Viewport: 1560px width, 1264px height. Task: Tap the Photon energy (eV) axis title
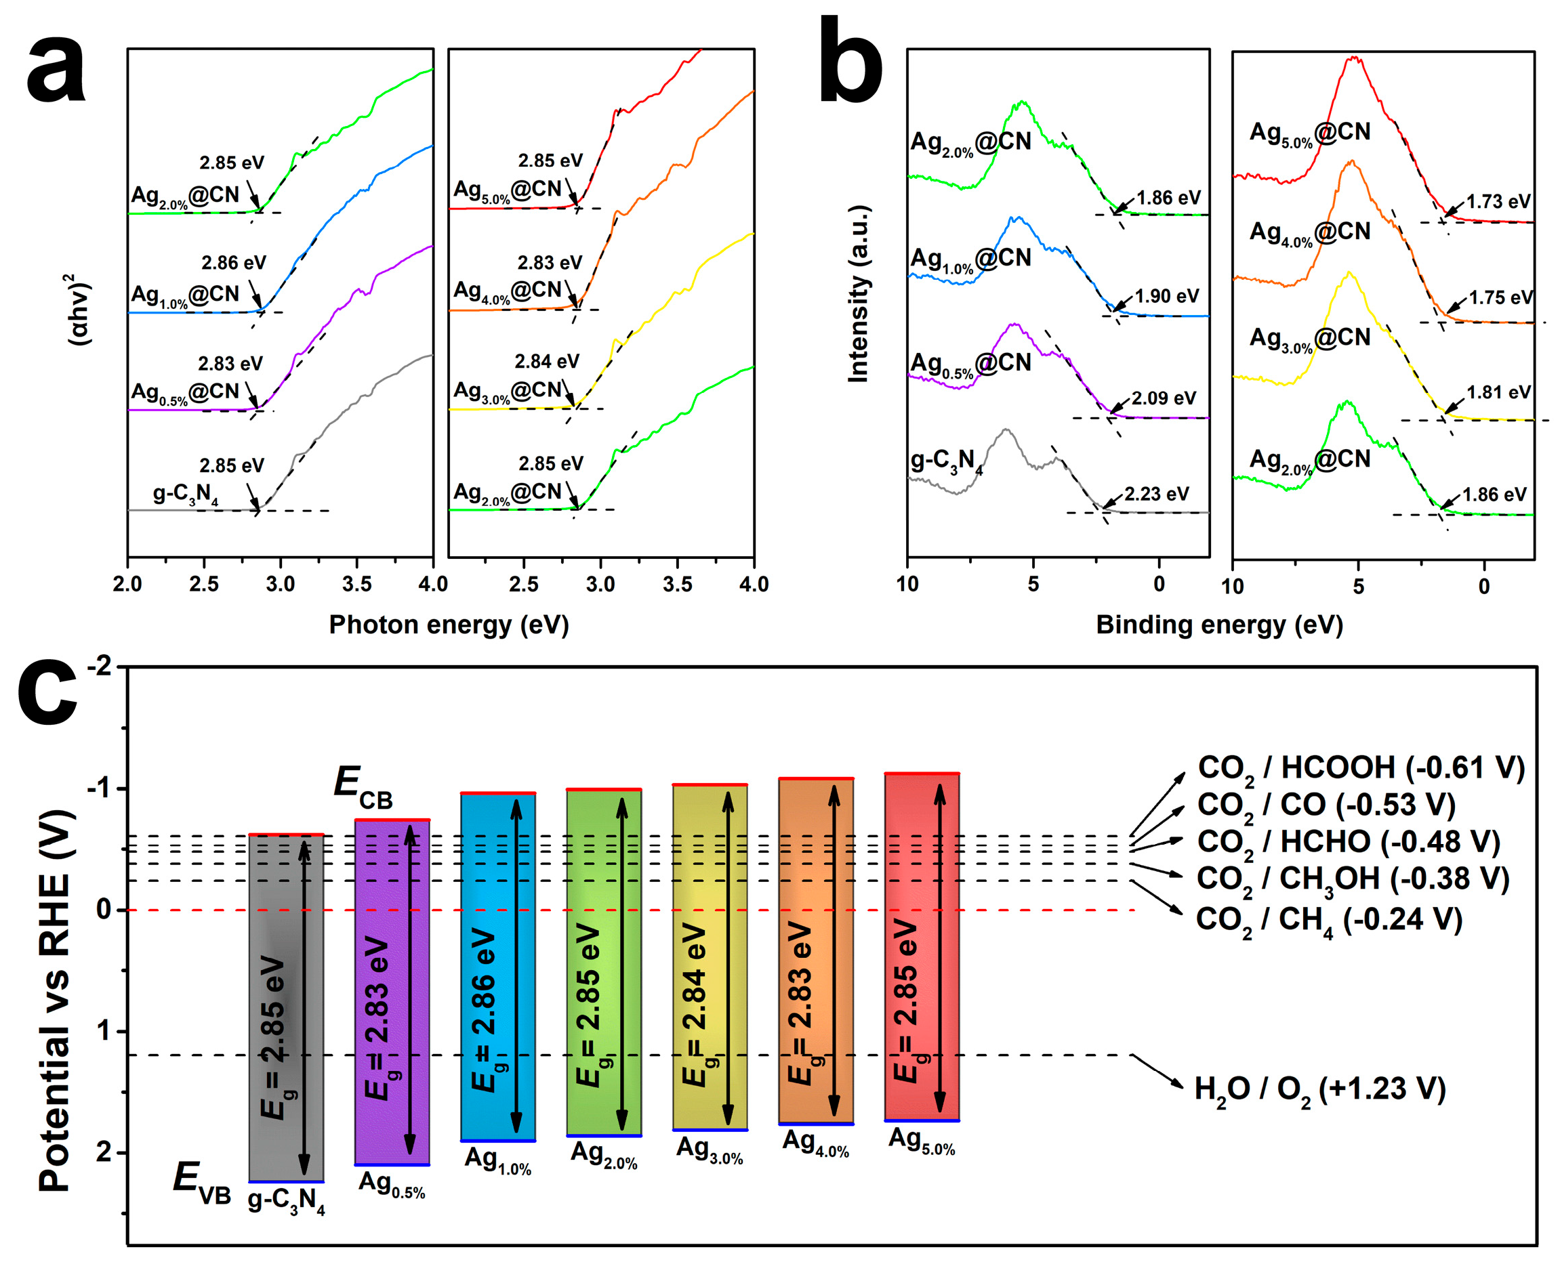[449, 625]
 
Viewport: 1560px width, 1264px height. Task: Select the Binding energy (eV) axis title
[1219, 625]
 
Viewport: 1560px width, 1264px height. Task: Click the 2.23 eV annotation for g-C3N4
[1156, 494]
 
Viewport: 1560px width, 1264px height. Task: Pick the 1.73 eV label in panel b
[1498, 201]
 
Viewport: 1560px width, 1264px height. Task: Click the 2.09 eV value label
[1163, 398]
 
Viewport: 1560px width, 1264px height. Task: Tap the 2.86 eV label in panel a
[233, 262]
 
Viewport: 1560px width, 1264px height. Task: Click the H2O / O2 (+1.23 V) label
[1319, 1089]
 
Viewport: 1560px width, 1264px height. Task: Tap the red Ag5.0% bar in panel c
[921, 946]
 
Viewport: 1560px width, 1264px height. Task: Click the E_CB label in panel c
[362, 787]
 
